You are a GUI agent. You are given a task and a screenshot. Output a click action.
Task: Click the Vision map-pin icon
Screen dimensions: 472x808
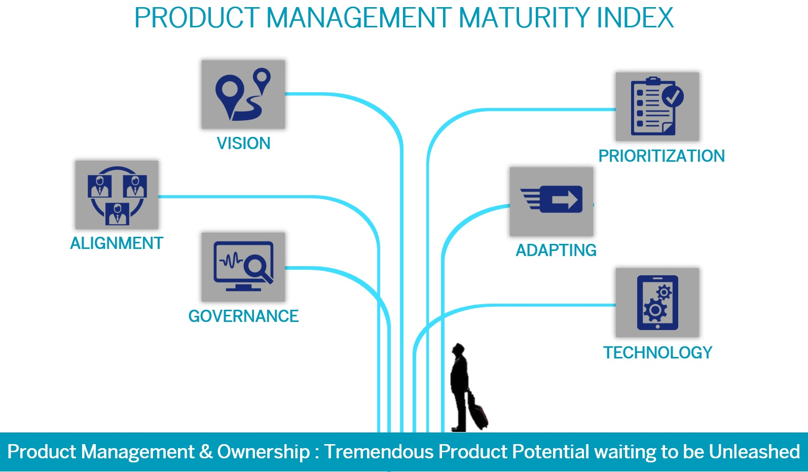pyautogui.click(x=243, y=94)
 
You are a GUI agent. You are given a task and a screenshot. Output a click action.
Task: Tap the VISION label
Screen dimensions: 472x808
pyautogui.click(x=243, y=143)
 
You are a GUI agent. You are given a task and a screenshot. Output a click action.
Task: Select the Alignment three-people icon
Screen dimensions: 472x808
pyautogui.click(x=117, y=195)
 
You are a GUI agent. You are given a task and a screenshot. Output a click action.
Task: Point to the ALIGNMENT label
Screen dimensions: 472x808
pyautogui.click(x=117, y=243)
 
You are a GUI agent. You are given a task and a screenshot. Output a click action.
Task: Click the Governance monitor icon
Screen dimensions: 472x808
pyautogui.click(x=243, y=267)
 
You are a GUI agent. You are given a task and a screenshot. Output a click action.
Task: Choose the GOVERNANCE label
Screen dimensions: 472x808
pyautogui.click(x=243, y=316)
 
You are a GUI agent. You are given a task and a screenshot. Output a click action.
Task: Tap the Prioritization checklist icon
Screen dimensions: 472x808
pyautogui.click(x=657, y=107)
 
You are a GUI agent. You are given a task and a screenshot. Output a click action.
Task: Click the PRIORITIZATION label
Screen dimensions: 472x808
pyautogui.click(x=662, y=156)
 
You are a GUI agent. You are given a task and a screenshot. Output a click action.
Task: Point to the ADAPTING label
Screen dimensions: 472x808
pyautogui.click(x=556, y=250)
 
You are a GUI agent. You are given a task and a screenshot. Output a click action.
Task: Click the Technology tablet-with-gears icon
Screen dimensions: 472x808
pyautogui.click(x=657, y=303)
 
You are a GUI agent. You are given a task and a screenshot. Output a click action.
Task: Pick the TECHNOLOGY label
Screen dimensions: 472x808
pyautogui.click(x=657, y=353)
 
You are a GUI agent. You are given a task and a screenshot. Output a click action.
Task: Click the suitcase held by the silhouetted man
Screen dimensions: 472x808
pyautogui.click(x=478, y=412)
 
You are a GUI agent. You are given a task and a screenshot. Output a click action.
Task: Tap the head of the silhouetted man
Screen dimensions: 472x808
pyautogui.click(x=458, y=349)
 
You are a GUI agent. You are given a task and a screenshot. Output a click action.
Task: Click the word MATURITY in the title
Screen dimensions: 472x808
pyautogui.click(x=524, y=18)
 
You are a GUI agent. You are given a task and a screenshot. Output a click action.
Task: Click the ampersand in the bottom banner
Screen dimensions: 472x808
pyautogui.click(x=206, y=452)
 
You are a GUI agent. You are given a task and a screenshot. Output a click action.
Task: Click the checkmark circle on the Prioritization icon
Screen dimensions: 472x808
pyautogui.click(x=673, y=96)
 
